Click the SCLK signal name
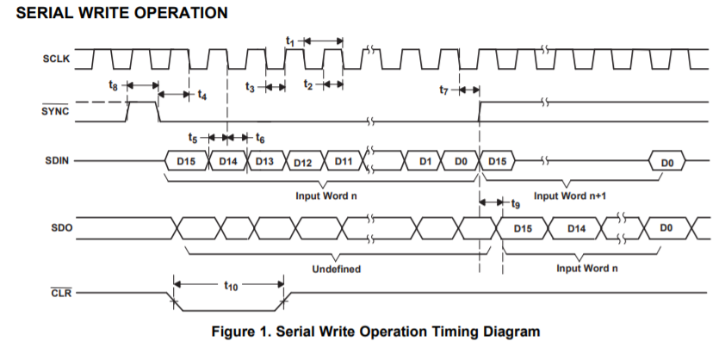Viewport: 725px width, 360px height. click(57, 59)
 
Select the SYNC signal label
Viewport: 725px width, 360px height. click(54, 111)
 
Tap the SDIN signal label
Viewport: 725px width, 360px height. click(57, 161)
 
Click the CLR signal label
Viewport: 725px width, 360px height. click(61, 293)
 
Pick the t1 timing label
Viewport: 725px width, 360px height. click(290, 41)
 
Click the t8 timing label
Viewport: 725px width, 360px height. click(114, 85)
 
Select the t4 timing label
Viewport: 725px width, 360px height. click(202, 95)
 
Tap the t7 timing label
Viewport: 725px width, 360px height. click(444, 90)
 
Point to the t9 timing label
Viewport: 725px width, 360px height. click(516, 203)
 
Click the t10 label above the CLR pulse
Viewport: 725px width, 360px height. click(231, 287)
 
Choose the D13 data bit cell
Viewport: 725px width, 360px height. click(265, 161)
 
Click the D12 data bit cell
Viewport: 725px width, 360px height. click(303, 163)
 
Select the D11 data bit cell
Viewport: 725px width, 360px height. click(344, 161)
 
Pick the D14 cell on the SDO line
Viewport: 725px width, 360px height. click(576, 228)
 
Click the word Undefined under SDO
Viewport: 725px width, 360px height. click(336, 269)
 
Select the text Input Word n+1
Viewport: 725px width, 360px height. click(570, 196)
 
